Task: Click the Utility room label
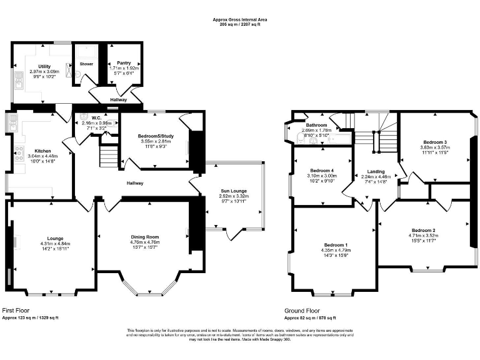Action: point(44,66)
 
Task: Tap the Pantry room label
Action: point(124,63)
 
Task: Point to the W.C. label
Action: point(96,117)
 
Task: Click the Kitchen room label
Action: point(42,151)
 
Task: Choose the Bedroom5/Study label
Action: point(154,136)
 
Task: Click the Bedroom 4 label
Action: point(322,171)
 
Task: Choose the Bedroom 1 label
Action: point(336,244)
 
